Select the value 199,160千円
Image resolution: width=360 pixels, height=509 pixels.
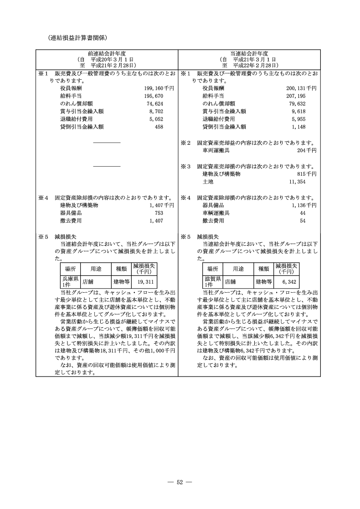pos(159,88)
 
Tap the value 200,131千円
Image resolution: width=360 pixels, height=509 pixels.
pos(301,88)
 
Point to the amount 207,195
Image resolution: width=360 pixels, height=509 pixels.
pos(306,96)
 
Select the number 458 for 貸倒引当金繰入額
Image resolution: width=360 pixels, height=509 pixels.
pos(159,127)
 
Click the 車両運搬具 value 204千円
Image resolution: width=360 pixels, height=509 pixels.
pos(307,150)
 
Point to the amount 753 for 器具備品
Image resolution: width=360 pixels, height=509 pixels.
pos(159,213)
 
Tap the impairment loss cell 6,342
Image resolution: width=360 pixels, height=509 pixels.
pos(289,282)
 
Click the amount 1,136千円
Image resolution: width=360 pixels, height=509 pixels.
pos(305,205)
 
